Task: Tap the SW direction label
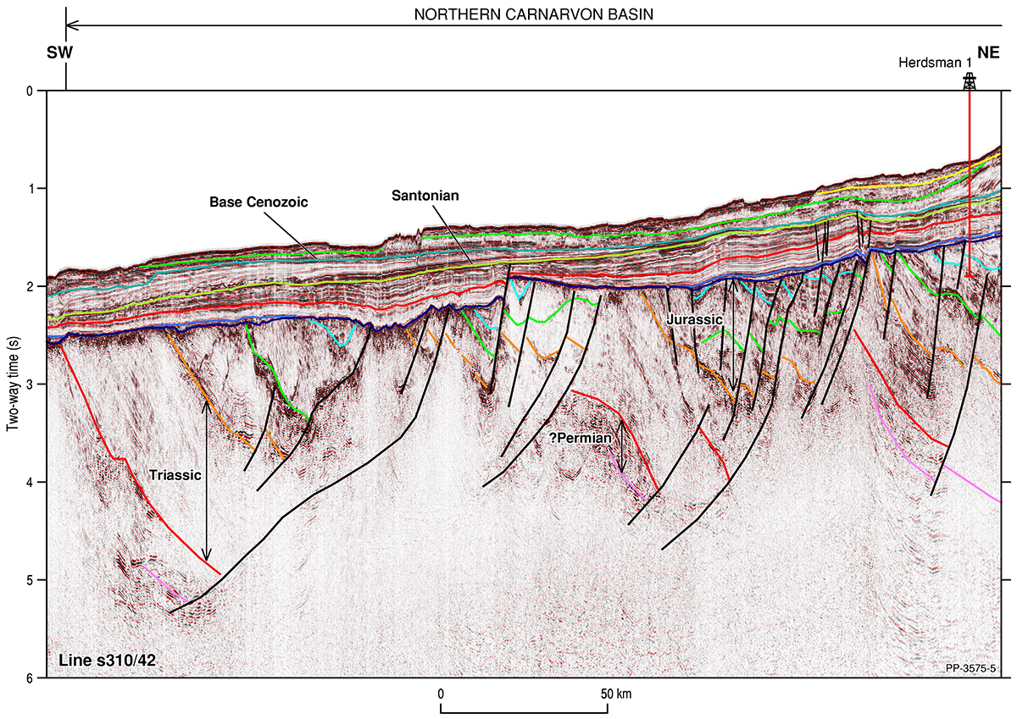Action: (x=59, y=53)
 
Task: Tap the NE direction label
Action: (x=988, y=53)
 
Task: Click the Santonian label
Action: (x=425, y=196)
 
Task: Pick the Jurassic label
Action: (x=694, y=320)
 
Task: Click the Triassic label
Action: (x=175, y=475)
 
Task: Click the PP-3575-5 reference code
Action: (x=970, y=669)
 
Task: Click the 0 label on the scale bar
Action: (x=442, y=694)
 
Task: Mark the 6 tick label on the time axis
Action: (x=31, y=678)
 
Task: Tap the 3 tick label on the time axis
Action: (x=31, y=384)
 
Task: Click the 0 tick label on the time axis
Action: (x=31, y=91)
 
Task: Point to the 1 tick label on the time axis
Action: (x=31, y=188)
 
